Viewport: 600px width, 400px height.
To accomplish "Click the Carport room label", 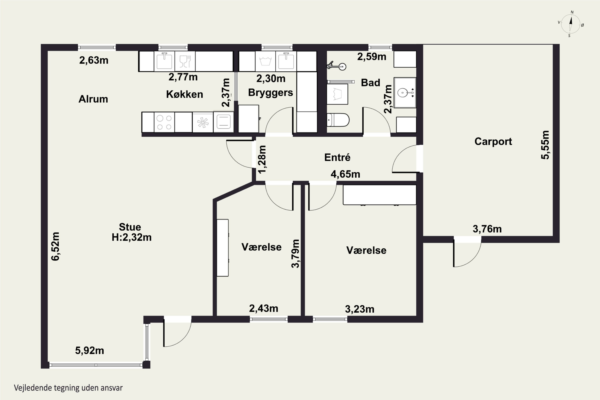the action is pyautogui.click(x=493, y=142).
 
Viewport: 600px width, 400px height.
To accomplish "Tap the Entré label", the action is pyautogui.click(x=337, y=157).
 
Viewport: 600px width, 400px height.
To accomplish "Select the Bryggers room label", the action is pyautogui.click(x=270, y=93).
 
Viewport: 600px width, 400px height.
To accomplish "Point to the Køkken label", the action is pyautogui.click(x=184, y=94).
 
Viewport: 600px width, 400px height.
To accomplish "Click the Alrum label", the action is pyautogui.click(x=93, y=99).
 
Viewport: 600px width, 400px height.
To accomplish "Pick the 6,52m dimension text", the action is pyautogui.click(x=55, y=246).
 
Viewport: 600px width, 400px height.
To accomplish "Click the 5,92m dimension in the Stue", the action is pyautogui.click(x=90, y=351).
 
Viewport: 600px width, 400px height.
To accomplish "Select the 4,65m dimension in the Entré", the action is pyautogui.click(x=345, y=174).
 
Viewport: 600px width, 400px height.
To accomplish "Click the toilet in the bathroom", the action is pyautogui.click(x=338, y=120).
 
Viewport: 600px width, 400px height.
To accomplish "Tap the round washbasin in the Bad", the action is pyautogui.click(x=403, y=92).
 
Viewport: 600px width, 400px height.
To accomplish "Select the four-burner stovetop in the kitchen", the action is pyautogui.click(x=164, y=122).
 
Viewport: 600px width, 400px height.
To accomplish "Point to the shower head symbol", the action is pyautogui.click(x=336, y=66).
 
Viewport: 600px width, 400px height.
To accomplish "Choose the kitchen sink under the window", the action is pyautogui.click(x=164, y=61).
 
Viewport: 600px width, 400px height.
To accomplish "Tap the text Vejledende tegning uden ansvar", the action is pyautogui.click(x=68, y=388).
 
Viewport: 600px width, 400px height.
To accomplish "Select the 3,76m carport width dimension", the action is pyautogui.click(x=487, y=229).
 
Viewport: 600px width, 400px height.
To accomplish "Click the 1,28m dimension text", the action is pyautogui.click(x=262, y=160).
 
